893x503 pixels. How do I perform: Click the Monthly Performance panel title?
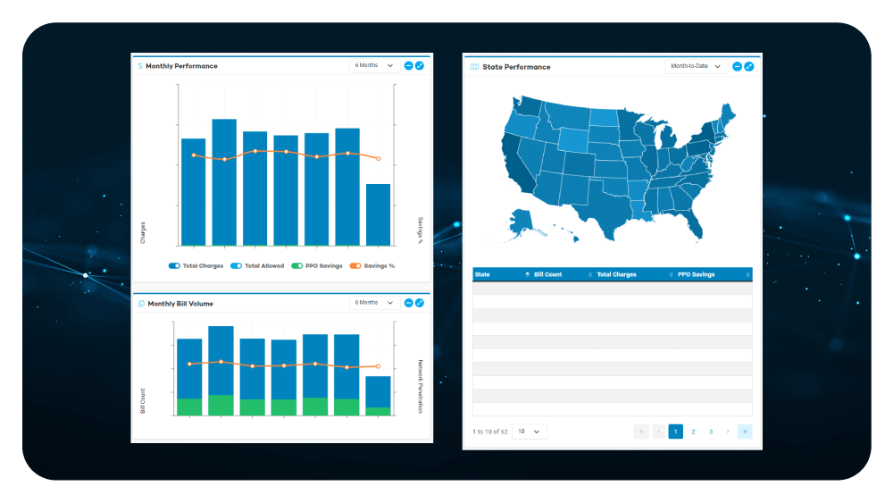pyautogui.click(x=181, y=66)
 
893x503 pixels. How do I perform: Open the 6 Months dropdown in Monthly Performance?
pyautogui.click(x=373, y=65)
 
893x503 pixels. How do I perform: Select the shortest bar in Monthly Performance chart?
pyautogui.click(x=378, y=214)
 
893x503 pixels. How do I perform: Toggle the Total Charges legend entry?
pyautogui.click(x=196, y=266)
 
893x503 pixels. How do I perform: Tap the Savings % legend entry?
pyautogui.click(x=372, y=266)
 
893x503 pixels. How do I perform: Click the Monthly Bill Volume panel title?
pyautogui.click(x=180, y=304)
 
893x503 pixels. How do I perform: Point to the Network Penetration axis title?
pyautogui.click(x=421, y=387)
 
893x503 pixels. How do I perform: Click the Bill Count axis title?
pyautogui.click(x=142, y=401)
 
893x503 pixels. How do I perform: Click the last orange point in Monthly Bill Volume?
pyautogui.click(x=378, y=366)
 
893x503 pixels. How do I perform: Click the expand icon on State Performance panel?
pyautogui.click(x=749, y=66)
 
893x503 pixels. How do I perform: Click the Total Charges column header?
pyautogui.click(x=617, y=274)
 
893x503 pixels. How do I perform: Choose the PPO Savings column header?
pyautogui.click(x=697, y=274)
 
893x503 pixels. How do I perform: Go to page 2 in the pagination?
pyautogui.click(x=693, y=432)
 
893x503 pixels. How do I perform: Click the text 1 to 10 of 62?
pyautogui.click(x=489, y=432)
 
